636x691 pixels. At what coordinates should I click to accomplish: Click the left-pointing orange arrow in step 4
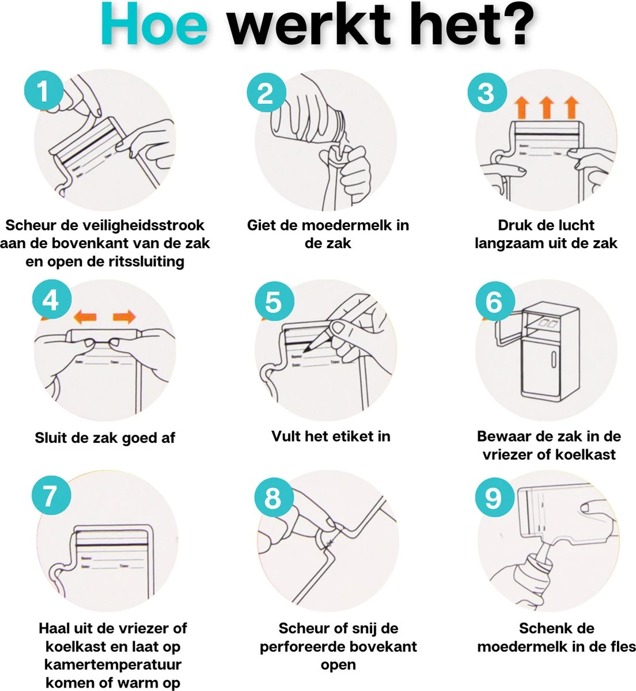click(85, 316)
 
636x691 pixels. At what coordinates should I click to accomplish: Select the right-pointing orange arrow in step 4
click(124, 316)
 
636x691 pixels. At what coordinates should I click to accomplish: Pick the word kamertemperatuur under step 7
click(113, 665)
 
